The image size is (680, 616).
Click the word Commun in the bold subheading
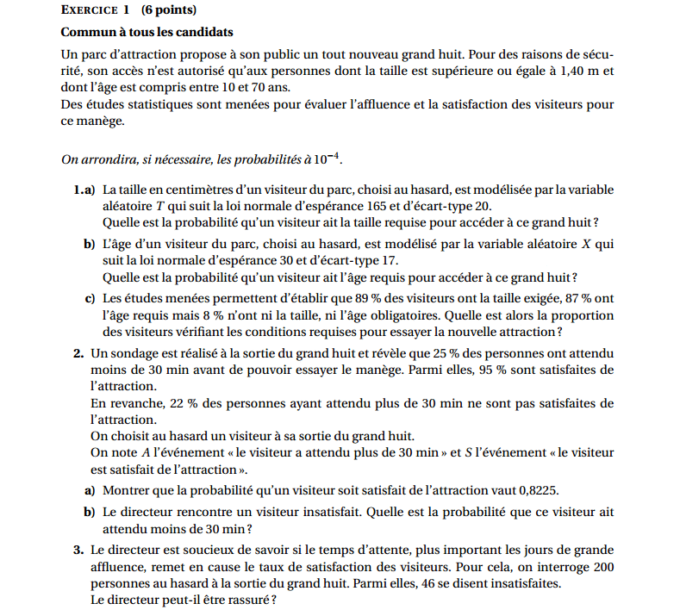click(x=87, y=33)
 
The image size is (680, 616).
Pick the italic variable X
click(x=586, y=244)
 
